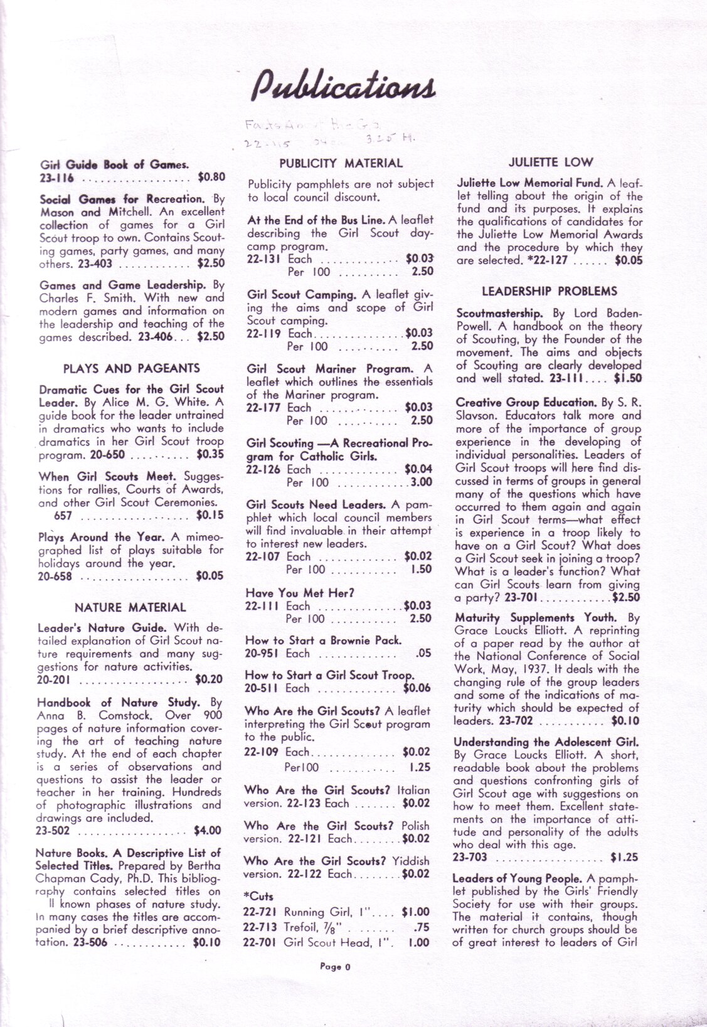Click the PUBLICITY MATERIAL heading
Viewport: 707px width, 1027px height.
(x=341, y=164)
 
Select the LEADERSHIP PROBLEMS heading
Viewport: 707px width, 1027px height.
(x=550, y=291)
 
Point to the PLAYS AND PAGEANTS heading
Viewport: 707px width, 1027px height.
(x=132, y=368)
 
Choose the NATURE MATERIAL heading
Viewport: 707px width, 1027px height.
(x=130, y=607)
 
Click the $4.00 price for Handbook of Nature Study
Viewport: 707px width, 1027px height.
(x=208, y=831)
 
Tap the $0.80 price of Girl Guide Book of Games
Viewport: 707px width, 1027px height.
(x=211, y=178)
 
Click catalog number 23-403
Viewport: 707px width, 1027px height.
(x=95, y=264)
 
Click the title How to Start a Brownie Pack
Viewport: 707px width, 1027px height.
(x=323, y=641)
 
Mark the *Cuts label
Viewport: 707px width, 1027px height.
(x=258, y=897)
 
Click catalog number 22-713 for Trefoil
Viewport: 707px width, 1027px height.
(x=261, y=927)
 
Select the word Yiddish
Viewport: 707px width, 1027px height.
(x=410, y=861)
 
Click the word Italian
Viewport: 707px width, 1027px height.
(x=414, y=790)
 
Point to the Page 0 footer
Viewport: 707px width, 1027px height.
(x=335, y=967)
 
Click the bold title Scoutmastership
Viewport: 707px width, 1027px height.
(x=499, y=313)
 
